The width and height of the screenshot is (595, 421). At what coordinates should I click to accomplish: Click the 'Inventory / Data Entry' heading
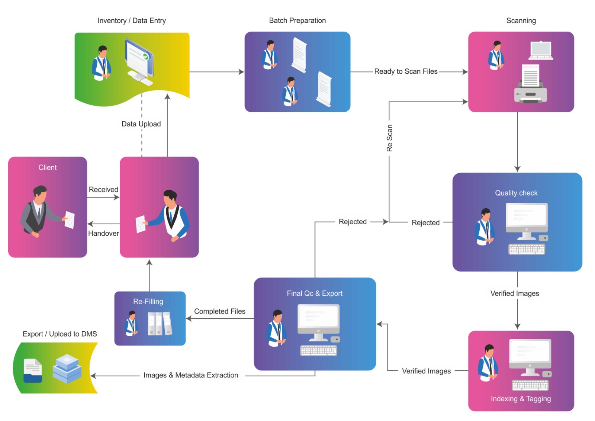(x=132, y=21)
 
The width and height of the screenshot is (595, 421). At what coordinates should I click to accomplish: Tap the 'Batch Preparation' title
(x=297, y=21)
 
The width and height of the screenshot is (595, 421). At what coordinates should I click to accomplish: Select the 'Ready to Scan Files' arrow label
(x=406, y=71)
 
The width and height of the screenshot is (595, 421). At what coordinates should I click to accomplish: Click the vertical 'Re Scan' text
(x=389, y=138)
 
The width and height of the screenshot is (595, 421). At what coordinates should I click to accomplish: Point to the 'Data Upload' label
(x=141, y=124)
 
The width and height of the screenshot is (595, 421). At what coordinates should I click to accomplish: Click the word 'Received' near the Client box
(x=103, y=190)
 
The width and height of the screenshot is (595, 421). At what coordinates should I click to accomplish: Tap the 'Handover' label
(x=103, y=233)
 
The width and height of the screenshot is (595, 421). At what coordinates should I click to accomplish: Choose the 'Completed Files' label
(x=219, y=311)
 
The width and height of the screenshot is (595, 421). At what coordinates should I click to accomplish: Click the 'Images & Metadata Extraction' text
(x=191, y=375)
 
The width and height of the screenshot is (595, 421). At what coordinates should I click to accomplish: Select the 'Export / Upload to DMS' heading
(x=60, y=334)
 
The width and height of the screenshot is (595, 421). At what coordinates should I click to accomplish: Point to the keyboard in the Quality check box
(x=527, y=249)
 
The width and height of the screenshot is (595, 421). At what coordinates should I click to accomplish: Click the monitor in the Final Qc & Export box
(x=318, y=320)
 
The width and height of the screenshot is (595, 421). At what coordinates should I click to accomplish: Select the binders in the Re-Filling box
(x=160, y=324)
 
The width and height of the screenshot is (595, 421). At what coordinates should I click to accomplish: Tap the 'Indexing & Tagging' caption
(x=521, y=399)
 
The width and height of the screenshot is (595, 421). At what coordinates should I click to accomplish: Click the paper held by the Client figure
(x=70, y=219)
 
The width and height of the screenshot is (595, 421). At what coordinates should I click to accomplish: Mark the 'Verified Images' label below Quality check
(x=515, y=293)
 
